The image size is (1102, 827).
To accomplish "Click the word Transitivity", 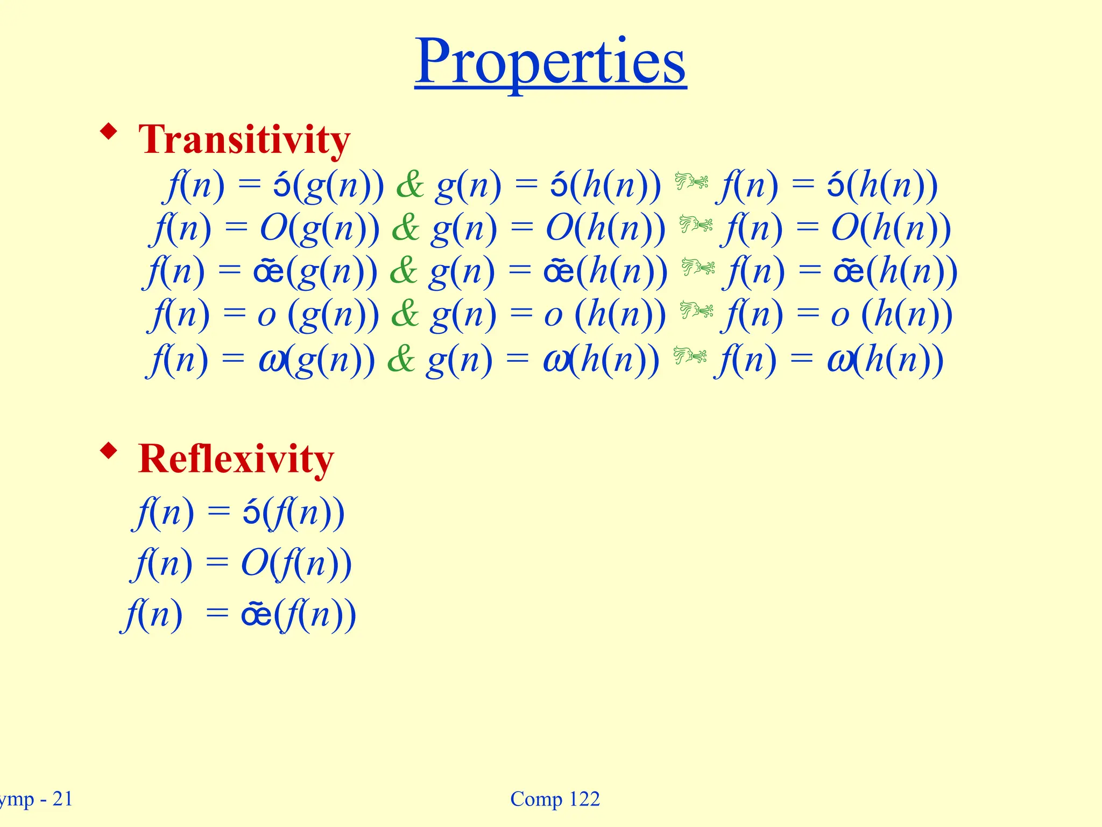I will (244, 139).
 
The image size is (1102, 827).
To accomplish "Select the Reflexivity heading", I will (236, 459).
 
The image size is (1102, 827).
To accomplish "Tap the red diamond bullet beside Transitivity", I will (109, 131).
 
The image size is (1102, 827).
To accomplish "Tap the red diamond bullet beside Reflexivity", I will (109, 451).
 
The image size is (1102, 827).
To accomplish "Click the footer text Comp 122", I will (555, 799).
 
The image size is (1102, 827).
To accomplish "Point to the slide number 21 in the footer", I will (62, 799).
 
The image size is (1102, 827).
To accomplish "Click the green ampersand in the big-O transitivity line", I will (406, 228).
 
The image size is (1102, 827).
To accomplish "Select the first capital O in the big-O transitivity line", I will (274, 228).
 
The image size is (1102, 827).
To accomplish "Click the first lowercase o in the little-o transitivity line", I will (266, 316).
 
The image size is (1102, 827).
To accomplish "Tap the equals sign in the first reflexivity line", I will (218, 511).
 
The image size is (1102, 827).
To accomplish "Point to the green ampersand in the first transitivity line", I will (410, 185).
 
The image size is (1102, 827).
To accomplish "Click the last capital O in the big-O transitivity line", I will (845, 228).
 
